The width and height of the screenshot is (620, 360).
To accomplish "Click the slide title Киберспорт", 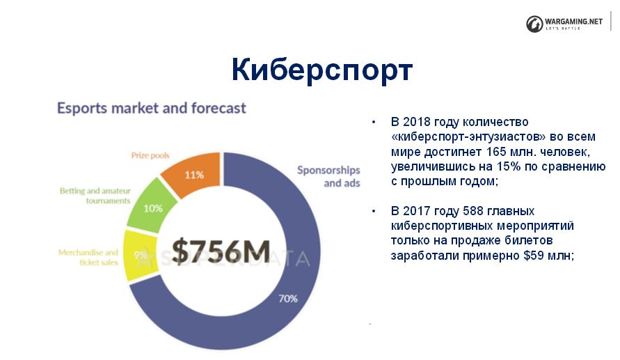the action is point(322,70).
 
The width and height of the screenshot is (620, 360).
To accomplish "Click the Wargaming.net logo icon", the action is point(534,24).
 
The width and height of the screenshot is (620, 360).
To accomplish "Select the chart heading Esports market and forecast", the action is point(152,108).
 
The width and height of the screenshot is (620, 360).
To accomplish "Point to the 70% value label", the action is point(287,299).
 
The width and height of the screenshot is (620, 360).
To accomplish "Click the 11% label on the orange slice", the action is point(194,175).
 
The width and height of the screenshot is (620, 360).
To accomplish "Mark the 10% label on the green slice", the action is point(153,208).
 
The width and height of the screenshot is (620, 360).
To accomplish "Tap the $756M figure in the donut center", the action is point(221,251).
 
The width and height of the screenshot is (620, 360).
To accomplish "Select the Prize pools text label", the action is point(150,155).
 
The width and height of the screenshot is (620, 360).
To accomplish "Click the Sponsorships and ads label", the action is point(328,176).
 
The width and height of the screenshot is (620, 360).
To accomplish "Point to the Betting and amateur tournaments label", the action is point(95,196).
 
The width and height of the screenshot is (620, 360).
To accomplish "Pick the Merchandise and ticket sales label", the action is point(88,257).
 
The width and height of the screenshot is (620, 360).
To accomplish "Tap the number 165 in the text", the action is point(497,152).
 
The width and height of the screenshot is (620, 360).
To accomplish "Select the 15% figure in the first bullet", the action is point(509,166).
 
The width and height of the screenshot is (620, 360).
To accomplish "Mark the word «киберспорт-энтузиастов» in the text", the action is point(468,137).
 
